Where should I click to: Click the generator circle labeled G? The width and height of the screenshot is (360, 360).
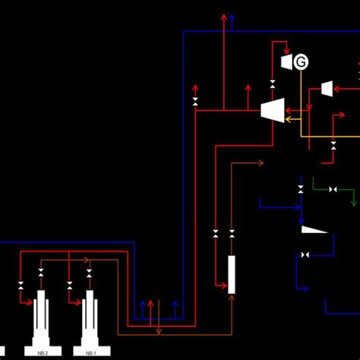[302, 62]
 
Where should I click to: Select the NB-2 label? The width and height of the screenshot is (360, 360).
[43, 353]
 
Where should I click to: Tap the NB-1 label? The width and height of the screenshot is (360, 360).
[90, 353]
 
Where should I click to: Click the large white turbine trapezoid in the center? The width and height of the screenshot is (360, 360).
[272, 110]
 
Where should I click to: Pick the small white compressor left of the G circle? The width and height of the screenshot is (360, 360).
[287, 62]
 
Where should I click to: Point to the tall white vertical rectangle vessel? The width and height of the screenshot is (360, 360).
[232, 274]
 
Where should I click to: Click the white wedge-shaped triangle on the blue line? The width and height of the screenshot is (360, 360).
[313, 229]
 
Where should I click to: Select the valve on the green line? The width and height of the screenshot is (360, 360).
[333, 189]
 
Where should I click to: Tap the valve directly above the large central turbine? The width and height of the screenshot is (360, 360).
[273, 84]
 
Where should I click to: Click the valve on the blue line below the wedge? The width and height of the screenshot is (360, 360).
[305, 254]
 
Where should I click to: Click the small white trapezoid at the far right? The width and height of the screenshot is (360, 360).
[327, 89]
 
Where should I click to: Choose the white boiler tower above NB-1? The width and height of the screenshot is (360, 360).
[90, 318]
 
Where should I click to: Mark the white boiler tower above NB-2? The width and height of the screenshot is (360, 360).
[42, 318]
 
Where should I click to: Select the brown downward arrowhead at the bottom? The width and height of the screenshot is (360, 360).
[158, 331]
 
